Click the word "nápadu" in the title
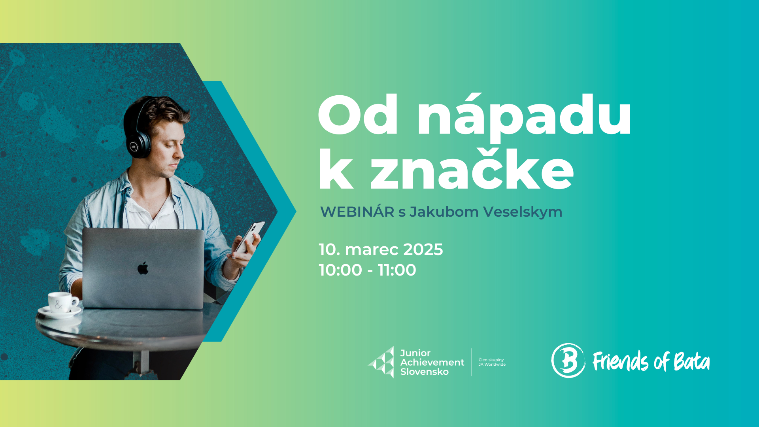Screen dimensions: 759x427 coord(525,116)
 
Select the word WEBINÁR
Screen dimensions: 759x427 coord(357,212)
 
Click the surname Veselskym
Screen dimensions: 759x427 coord(523,212)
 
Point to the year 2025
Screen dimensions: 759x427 coord(423,249)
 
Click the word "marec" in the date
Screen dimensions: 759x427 coord(372,250)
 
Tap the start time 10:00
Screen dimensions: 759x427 coord(340,270)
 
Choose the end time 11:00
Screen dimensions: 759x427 coord(397,270)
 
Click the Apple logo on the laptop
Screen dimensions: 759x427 coord(143,268)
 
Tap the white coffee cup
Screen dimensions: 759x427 coord(62,302)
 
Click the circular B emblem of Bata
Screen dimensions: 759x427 coord(568,361)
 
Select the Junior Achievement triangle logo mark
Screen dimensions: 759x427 coord(381,362)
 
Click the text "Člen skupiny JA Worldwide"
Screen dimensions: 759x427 coord(492,362)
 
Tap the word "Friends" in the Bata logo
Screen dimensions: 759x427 coord(620,361)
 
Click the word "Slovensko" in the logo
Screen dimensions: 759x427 coord(424,372)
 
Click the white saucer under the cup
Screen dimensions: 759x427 coord(59,312)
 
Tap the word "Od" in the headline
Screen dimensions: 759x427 coord(358,115)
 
